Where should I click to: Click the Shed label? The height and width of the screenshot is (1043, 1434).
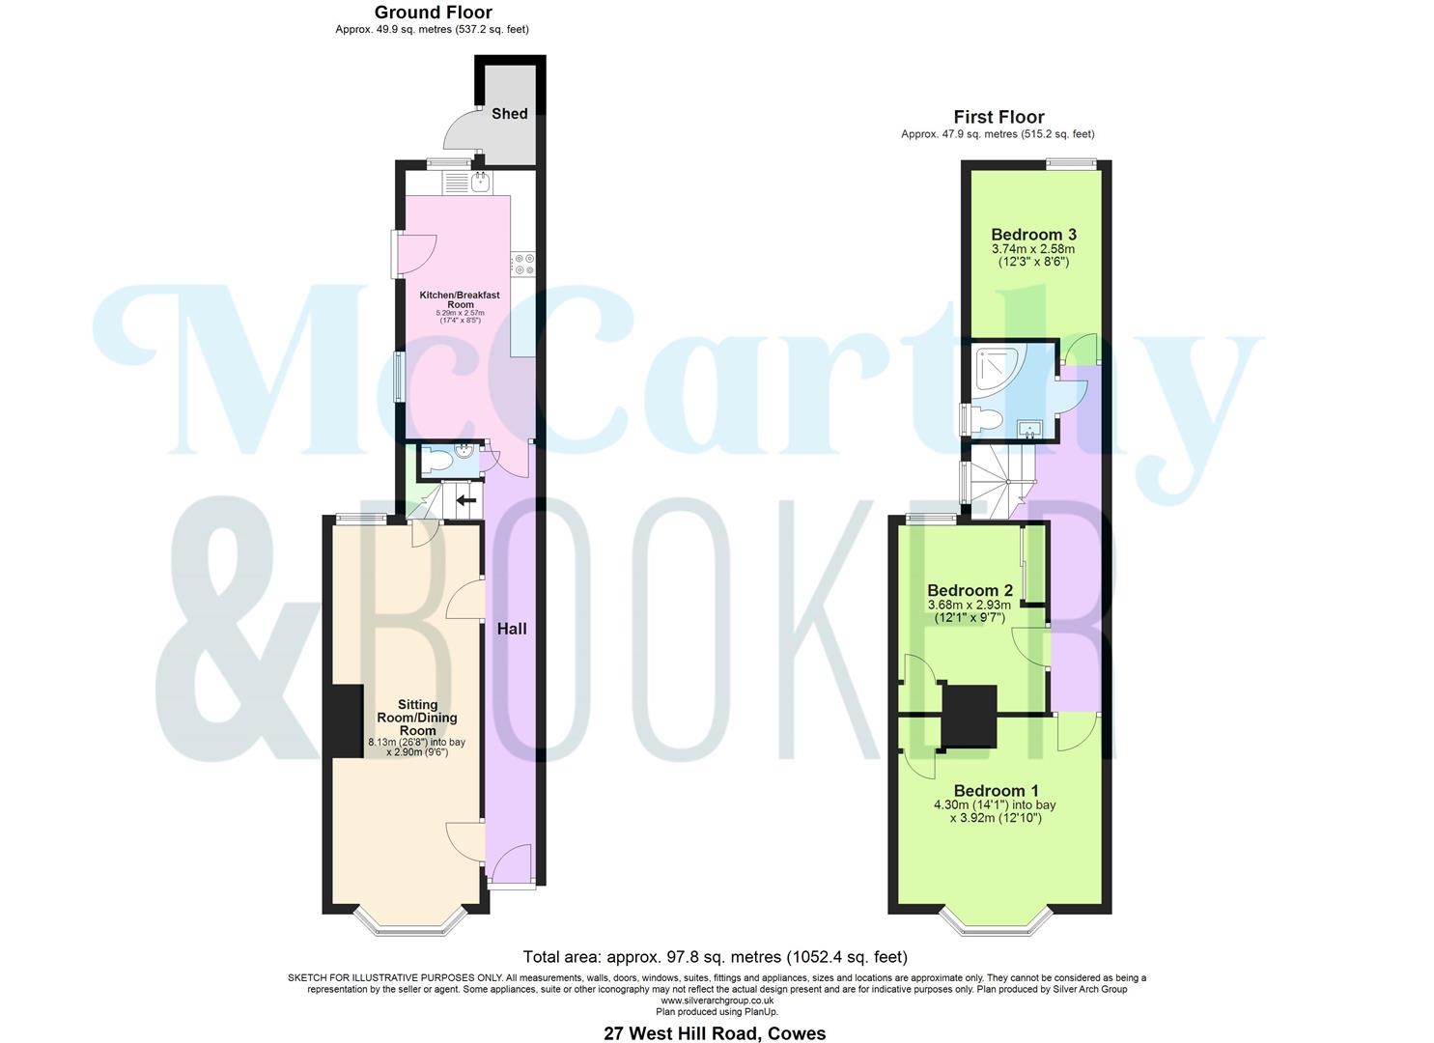tap(509, 114)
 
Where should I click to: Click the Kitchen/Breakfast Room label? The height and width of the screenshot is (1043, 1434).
tap(459, 299)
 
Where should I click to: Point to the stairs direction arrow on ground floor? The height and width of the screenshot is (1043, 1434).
tap(466, 500)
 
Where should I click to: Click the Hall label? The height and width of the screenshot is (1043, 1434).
tap(511, 629)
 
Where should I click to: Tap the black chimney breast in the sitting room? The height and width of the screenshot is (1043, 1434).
tap(343, 720)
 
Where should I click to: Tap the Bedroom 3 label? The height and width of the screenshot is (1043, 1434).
tap(1033, 235)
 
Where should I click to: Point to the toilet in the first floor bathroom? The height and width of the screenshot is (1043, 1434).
tap(985, 420)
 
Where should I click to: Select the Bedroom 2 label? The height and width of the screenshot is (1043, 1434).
tap(970, 590)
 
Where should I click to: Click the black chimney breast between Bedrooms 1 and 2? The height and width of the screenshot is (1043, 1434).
tap(969, 716)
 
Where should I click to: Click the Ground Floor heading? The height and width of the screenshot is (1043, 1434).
tap(433, 13)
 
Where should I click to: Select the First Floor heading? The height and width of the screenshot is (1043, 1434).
tap(998, 117)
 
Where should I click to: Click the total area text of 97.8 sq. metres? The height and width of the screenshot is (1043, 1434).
tap(715, 957)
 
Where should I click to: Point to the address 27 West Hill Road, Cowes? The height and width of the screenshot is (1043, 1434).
tap(715, 1033)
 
